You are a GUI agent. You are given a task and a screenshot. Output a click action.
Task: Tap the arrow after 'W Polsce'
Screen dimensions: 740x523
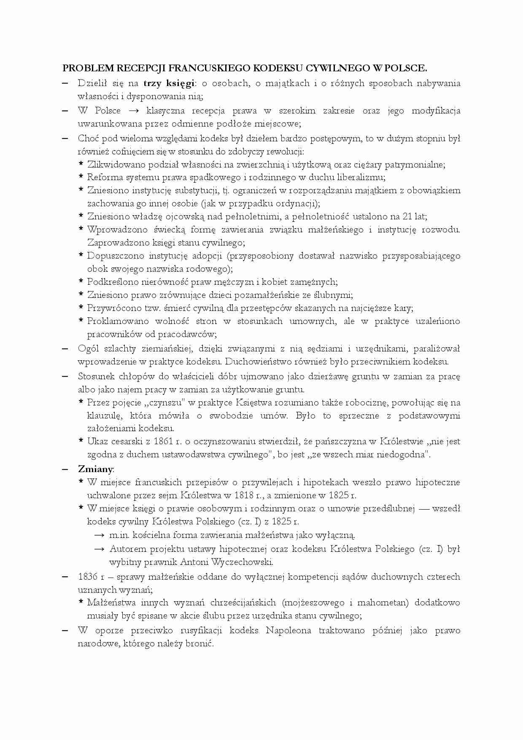click(134, 111)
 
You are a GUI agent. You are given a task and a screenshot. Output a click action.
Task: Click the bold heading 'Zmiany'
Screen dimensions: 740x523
click(95, 469)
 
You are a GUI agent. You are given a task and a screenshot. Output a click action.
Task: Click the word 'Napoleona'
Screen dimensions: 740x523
click(288, 630)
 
